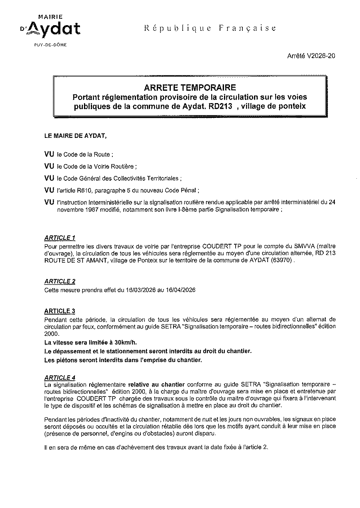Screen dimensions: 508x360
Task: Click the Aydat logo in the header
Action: click(x=50, y=28)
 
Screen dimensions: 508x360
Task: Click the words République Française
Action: click(x=210, y=28)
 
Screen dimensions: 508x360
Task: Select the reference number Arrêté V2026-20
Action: click(x=311, y=56)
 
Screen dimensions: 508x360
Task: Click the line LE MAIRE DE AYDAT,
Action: click(x=75, y=135)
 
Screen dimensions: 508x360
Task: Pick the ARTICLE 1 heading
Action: click(x=60, y=238)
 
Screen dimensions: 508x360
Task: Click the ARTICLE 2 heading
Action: click(x=60, y=281)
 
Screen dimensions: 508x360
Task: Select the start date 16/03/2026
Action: click(x=140, y=290)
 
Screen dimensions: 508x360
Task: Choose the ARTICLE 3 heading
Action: click(x=60, y=311)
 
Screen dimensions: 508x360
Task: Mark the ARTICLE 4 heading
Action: click(x=60, y=377)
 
